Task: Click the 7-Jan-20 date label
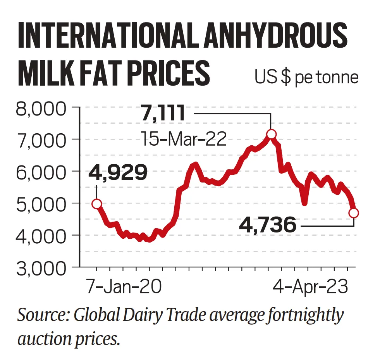(x=124, y=288)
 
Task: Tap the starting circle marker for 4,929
(x=97, y=204)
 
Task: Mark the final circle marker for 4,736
(x=353, y=213)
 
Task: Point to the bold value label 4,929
(x=118, y=172)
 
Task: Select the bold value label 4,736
(x=268, y=225)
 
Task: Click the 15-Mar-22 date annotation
(x=183, y=138)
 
